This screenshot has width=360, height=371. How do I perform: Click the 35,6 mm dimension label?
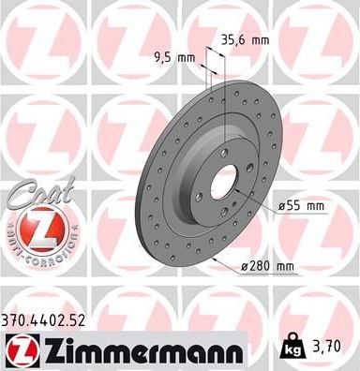tap(246, 40)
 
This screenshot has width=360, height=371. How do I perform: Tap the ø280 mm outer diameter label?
tap(267, 267)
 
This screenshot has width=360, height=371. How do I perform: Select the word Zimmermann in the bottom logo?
tap(138, 351)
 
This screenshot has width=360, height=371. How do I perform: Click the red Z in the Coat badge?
tap(33, 230)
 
